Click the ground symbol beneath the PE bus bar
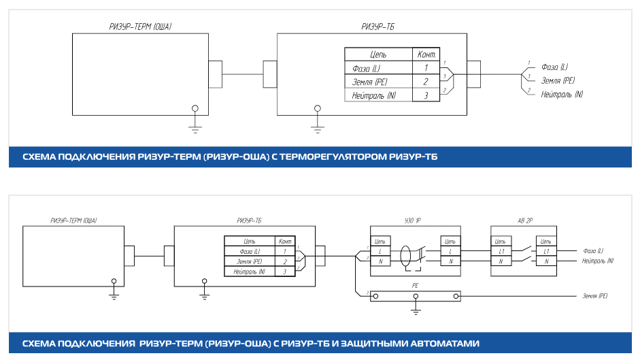point(416,310)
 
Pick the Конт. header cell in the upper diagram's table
point(426,54)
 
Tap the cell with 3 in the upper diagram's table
point(426,95)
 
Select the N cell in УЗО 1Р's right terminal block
point(450,261)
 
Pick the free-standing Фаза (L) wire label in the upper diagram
point(554,67)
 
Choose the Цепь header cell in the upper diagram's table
point(378,54)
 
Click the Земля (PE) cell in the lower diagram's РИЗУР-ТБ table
point(250,261)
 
